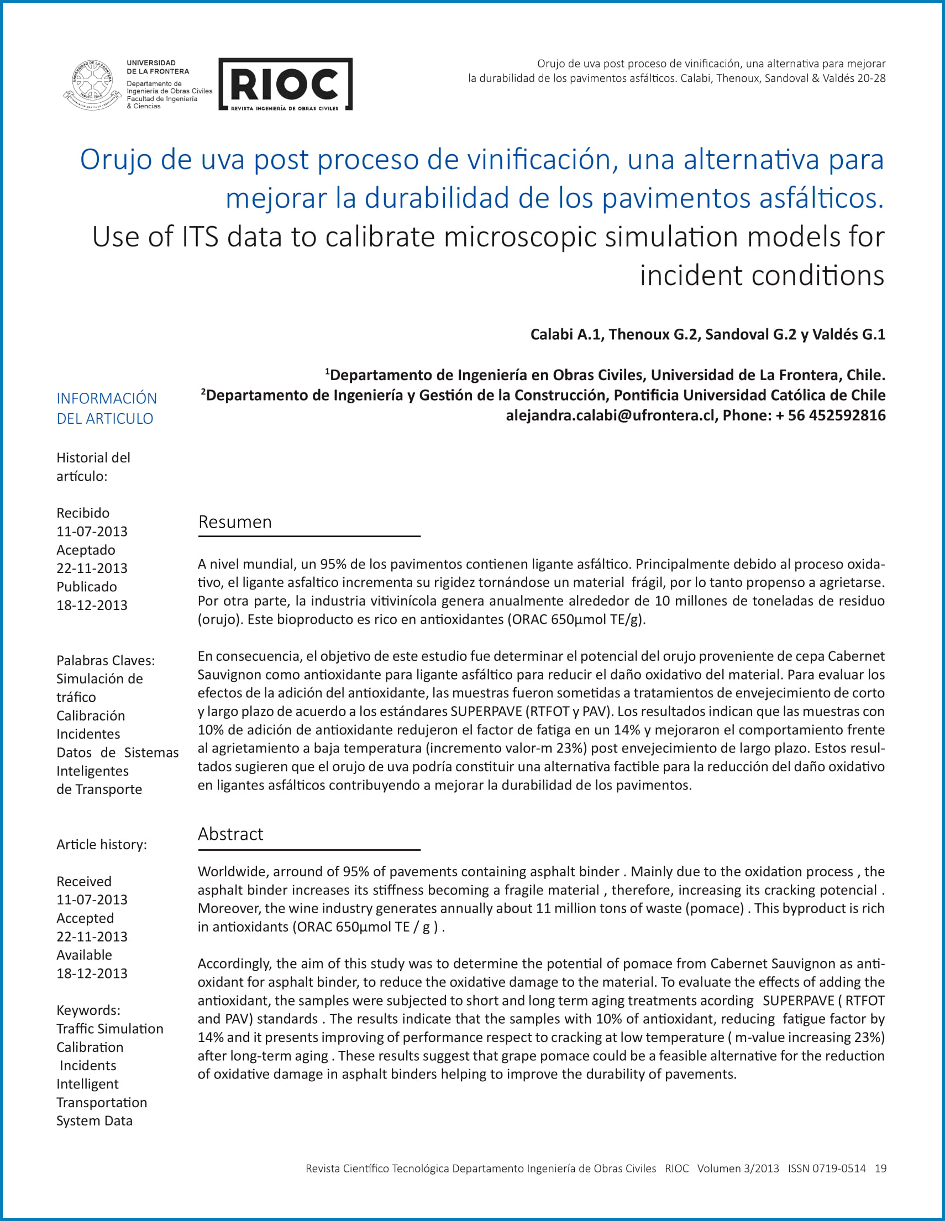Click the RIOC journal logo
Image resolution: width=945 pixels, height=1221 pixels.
(285, 84)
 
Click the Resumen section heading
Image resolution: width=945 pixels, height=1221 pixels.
(235, 522)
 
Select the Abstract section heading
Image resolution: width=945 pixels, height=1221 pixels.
(230, 834)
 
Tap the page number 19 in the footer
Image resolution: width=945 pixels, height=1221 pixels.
(881, 1169)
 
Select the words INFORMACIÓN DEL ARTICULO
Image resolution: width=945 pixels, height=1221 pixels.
(106, 408)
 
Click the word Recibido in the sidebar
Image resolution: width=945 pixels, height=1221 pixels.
(83, 513)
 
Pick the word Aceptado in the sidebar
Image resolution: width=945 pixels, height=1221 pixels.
(86, 550)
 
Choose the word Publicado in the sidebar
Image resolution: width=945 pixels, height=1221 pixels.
(87, 587)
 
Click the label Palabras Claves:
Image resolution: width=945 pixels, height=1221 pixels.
(106, 661)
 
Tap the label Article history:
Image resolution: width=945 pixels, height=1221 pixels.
(102, 845)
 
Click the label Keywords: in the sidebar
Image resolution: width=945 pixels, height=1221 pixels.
(88, 1011)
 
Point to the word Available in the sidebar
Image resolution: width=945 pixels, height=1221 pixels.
(85, 955)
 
